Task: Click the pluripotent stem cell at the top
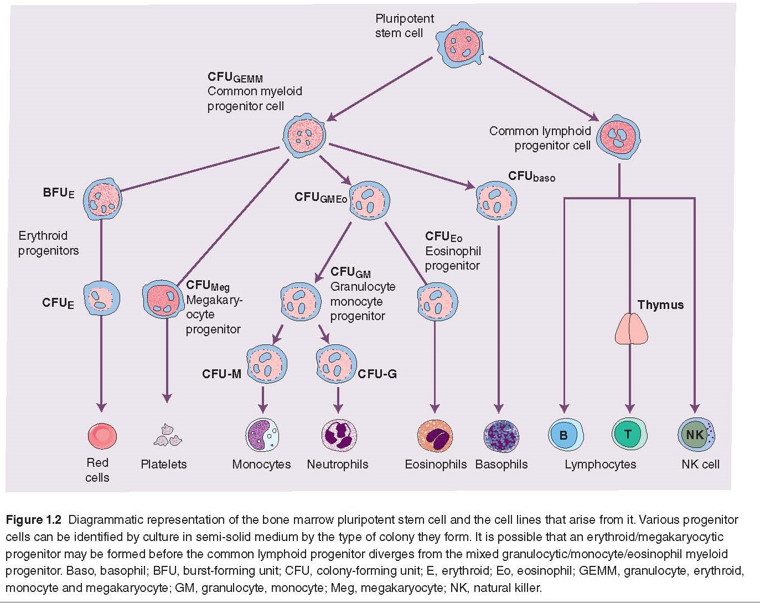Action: tap(459, 45)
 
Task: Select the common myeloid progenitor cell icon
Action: tap(304, 136)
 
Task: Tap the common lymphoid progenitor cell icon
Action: tap(619, 136)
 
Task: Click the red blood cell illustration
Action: tap(102, 436)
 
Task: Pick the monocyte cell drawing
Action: tap(262, 435)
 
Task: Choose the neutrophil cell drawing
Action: tap(339, 435)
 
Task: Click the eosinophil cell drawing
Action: tap(435, 436)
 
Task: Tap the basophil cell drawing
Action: tap(501, 436)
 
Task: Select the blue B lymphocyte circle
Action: tap(565, 435)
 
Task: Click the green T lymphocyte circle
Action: tap(629, 434)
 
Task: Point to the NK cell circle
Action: tap(696, 435)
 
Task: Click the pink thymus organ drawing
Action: tap(631, 329)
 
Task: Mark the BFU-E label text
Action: tap(58, 193)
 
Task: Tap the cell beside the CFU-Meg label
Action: tap(162, 299)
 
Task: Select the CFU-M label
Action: tap(221, 374)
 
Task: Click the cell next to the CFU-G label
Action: tap(335, 364)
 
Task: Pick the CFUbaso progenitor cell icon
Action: tap(496, 200)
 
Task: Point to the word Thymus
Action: tap(660, 305)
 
